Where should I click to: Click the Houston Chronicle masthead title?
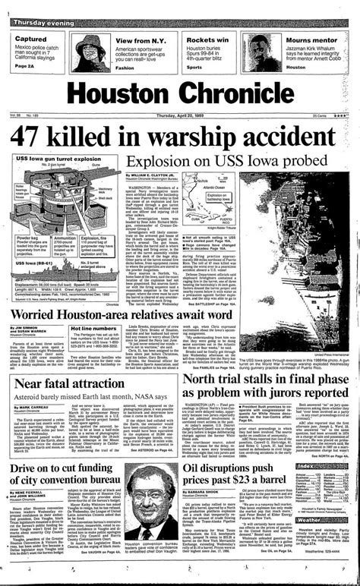click(x=179, y=93)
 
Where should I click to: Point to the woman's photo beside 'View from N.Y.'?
click(x=92, y=52)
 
